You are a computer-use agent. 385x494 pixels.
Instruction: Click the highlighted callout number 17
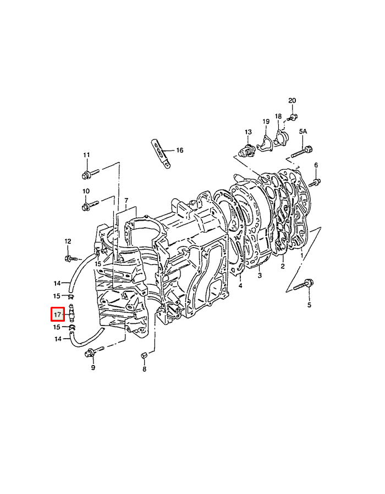(x=57, y=315)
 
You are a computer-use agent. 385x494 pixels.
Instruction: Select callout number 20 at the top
(x=292, y=100)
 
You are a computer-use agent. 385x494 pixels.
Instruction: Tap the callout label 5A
(x=303, y=131)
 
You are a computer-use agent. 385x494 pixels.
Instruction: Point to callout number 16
(x=179, y=150)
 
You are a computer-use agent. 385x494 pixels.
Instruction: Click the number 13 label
(x=249, y=132)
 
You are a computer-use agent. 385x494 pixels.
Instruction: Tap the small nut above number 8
(x=144, y=356)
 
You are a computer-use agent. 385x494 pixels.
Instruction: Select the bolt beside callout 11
(x=91, y=173)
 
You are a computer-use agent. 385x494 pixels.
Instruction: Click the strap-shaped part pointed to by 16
(x=161, y=154)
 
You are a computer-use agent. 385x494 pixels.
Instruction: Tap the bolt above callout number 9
(x=94, y=352)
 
